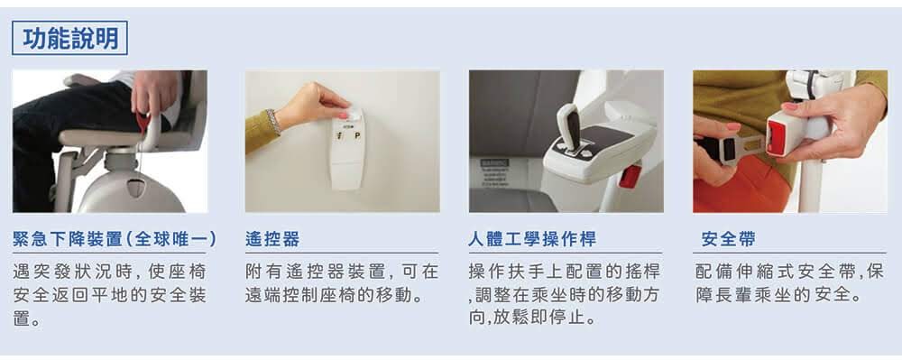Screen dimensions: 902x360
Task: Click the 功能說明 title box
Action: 69,38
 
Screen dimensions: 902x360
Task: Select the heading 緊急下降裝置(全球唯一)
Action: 115,239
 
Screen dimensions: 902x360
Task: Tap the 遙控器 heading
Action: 272,239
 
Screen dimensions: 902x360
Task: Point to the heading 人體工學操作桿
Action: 532,239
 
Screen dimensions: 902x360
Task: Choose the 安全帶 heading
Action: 728,239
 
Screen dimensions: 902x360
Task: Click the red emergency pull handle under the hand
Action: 143,122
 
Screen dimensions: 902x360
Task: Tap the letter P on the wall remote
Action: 357,136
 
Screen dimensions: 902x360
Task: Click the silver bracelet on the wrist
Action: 273,122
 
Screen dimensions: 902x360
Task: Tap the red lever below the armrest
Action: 630,176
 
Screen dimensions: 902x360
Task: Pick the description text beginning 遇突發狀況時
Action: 109,295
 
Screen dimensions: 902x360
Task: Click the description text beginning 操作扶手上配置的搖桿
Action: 565,295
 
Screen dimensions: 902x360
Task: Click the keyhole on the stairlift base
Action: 136,188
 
